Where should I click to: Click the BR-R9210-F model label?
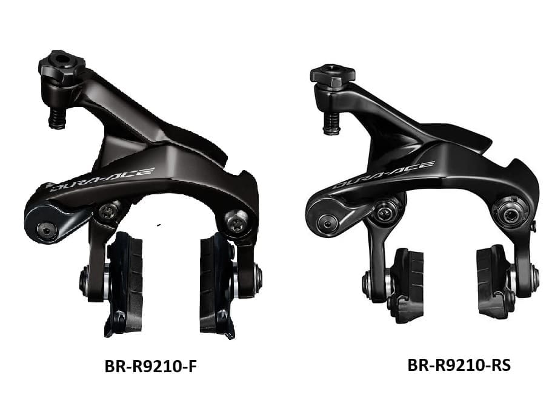[150, 366]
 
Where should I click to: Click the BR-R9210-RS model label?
[459, 365]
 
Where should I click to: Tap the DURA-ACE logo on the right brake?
[384, 174]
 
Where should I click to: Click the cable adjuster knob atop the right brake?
[332, 75]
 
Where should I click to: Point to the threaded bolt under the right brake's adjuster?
[331, 124]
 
